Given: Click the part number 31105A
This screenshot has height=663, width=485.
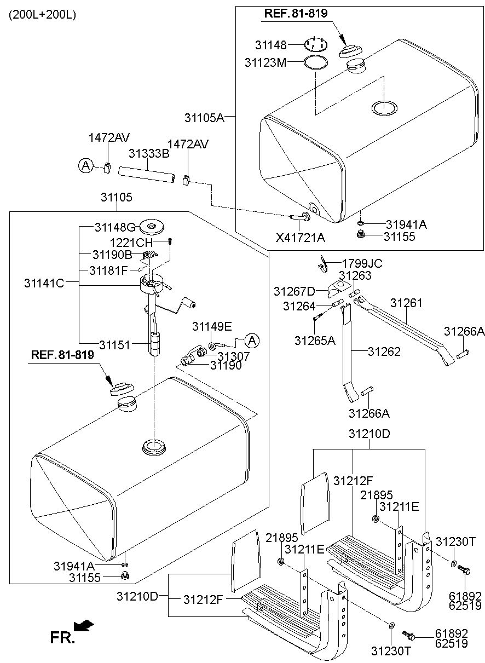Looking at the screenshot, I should coord(204,117).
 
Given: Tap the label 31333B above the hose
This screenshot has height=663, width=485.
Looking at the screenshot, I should coord(148,154).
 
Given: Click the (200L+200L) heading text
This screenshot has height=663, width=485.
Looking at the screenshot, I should coord(42,15).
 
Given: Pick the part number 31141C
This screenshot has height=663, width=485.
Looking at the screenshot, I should coord(44,283).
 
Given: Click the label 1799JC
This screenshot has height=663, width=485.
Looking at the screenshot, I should coord(362,263).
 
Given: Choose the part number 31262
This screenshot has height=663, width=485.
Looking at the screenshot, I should coord(384,351).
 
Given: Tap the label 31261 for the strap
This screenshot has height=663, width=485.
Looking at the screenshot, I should coord(406,302).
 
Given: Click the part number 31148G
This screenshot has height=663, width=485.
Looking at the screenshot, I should coord(113,227).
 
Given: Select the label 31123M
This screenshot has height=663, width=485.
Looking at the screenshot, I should coord(265,62).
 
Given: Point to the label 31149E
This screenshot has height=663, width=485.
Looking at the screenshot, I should coord(212,326).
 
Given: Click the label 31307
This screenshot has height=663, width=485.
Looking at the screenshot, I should coord(234,356).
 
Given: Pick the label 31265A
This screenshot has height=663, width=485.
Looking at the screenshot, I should coord(315,340).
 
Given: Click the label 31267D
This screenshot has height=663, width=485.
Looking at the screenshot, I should coord(293,290).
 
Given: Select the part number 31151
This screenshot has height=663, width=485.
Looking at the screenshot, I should coord(116,344).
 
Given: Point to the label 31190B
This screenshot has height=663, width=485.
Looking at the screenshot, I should coord(112,255).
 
